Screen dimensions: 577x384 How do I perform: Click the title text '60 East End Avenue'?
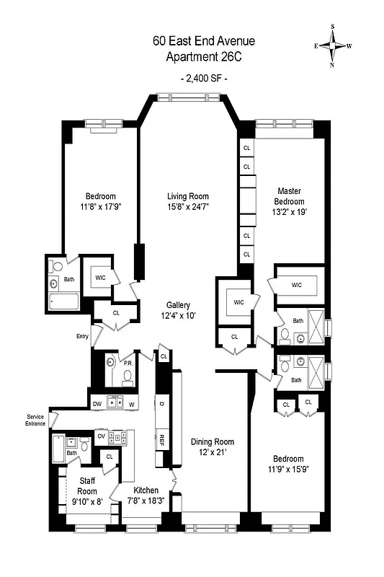pyautogui.click(x=203, y=41)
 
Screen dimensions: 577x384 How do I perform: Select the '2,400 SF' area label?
pyautogui.click(x=202, y=78)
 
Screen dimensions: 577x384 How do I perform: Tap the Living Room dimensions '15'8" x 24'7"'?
pyautogui.click(x=188, y=207)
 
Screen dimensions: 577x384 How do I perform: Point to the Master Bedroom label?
pyautogui.click(x=289, y=196)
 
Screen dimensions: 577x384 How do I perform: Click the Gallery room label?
pyautogui.click(x=178, y=304)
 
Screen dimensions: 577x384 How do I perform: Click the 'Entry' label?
pyautogui.click(x=82, y=336)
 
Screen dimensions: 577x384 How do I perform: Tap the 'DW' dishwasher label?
pyautogui.click(x=96, y=403)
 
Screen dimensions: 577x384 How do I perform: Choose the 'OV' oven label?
pyautogui.click(x=102, y=436)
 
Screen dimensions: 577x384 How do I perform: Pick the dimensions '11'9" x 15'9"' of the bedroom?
pyautogui.click(x=287, y=470)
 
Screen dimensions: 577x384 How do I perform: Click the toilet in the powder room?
pyautogui.click(x=127, y=376)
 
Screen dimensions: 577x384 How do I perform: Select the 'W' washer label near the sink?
pyautogui.click(x=132, y=403)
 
